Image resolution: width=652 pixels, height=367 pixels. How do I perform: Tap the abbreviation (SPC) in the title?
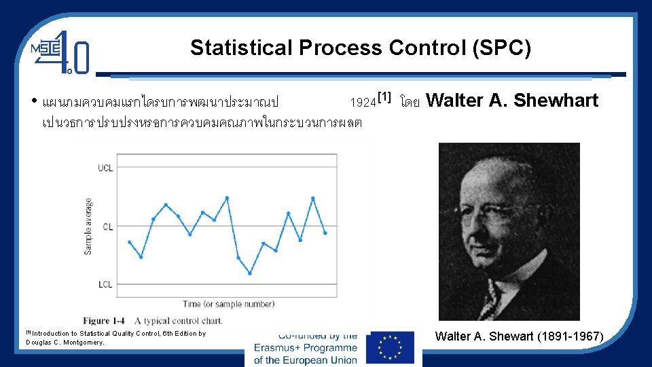[x=505, y=48]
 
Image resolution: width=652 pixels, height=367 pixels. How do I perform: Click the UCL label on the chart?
[x=105, y=168]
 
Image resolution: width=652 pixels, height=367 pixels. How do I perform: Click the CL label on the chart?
[x=108, y=226]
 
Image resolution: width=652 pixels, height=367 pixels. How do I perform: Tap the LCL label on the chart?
[x=105, y=284]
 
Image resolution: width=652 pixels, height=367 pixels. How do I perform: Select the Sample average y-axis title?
[x=88, y=226]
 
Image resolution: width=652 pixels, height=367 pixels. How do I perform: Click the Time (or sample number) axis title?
[x=229, y=304]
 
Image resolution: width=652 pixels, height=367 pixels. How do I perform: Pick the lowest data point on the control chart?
[x=250, y=273]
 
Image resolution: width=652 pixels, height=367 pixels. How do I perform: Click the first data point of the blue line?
[x=129, y=242]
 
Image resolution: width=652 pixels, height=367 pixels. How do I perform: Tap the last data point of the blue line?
[x=325, y=233]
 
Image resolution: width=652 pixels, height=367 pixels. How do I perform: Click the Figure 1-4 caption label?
[x=104, y=320]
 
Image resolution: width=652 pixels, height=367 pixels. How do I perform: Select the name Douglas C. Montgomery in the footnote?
[x=65, y=343]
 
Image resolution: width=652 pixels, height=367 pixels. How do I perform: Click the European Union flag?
[x=389, y=348]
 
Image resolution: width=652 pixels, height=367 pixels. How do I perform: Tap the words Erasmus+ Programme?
[x=305, y=348]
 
